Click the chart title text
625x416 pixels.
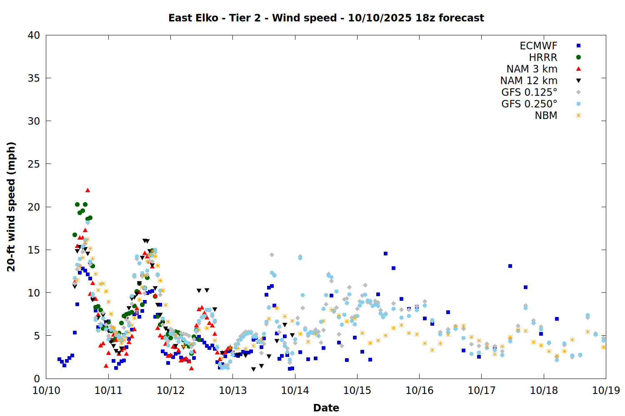(326, 18)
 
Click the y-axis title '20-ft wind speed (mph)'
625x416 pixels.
(11, 207)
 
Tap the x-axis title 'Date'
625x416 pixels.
(326, 408)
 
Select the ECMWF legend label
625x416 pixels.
(538, 46)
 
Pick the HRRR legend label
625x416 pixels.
(543, 57)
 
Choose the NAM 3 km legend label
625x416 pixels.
(532, 69)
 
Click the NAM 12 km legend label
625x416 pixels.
(529, 81)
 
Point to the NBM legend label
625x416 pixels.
(546, 116)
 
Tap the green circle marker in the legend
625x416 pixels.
(578, 57)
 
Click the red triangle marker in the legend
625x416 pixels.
(578, 69)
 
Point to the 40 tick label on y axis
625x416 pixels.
(34, 35)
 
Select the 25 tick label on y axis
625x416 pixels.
(34, 164)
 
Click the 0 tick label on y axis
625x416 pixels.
(37, 379)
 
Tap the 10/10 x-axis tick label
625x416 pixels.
(46, 391)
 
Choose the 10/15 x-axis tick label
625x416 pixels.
(357, 391)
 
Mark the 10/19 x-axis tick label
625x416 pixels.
(606, 391)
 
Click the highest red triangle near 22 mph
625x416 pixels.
(87, 190)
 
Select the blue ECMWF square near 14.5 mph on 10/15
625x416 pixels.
(385, 253)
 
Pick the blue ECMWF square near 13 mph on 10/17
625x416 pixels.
(510, 266)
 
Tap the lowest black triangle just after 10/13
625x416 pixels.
(253, 369)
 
